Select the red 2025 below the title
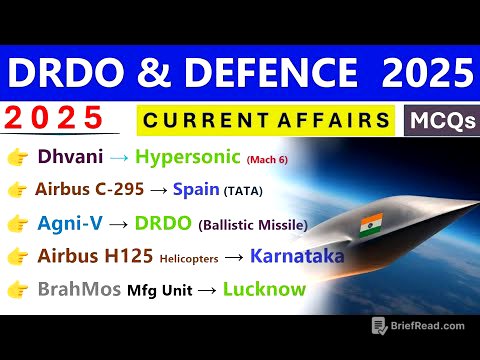coord(55,119)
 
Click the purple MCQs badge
coord(441,121)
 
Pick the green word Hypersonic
coord(186,157)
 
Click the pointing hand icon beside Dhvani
coord(17,157)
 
